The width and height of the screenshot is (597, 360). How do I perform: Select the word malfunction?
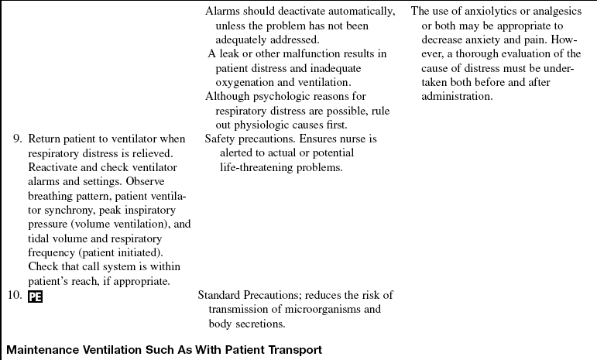[301, 54]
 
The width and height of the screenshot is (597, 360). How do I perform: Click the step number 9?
[18, 139]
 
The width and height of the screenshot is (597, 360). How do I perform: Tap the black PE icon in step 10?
[35, 295]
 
